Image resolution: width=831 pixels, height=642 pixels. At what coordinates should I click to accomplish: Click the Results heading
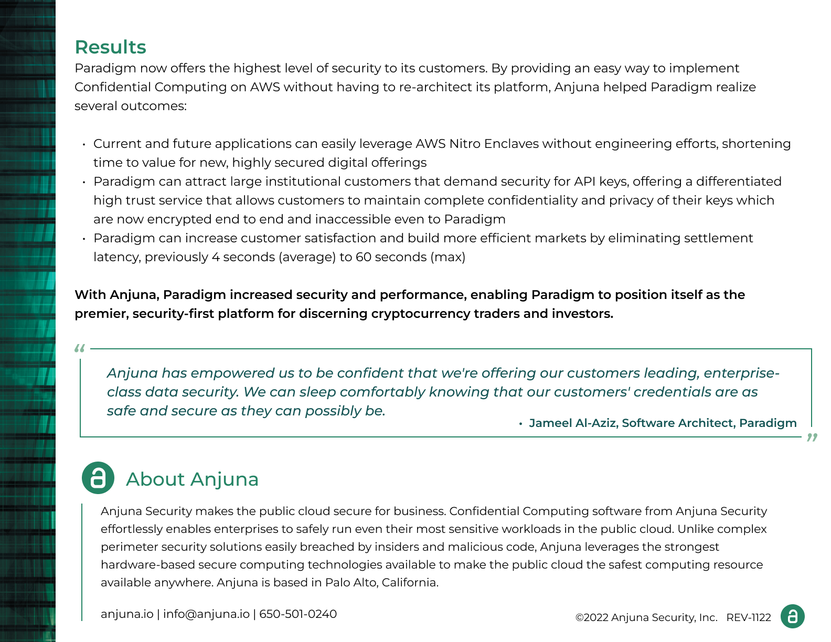point(110,47)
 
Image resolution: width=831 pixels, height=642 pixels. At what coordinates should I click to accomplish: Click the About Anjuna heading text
point(192,479)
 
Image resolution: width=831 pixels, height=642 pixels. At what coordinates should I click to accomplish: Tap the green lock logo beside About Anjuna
point(98,478)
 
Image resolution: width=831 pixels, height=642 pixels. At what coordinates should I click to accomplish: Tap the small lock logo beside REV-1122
point(792,616)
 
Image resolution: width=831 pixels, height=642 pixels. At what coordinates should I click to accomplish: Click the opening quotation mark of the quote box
point(80,348)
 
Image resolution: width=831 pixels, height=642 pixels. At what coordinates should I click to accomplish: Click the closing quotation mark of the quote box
point(812,437)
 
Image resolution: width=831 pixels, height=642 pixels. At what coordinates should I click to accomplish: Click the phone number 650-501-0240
point(298,614)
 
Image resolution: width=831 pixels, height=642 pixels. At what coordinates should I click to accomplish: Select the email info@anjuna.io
point(206,614)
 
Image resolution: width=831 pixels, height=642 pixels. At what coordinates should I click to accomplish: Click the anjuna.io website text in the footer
point(127,614)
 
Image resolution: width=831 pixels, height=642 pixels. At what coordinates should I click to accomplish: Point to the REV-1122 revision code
point(749,617)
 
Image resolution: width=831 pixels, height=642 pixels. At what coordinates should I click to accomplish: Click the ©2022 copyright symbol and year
point(592,617)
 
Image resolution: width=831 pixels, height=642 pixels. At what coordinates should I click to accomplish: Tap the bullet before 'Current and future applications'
point(84,144)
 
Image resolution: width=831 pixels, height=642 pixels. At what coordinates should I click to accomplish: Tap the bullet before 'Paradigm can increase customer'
point(84,239)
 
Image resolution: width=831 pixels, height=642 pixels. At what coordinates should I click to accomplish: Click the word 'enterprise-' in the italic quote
point(741,373)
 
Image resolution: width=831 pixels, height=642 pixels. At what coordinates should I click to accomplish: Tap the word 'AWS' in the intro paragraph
point(265,87)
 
